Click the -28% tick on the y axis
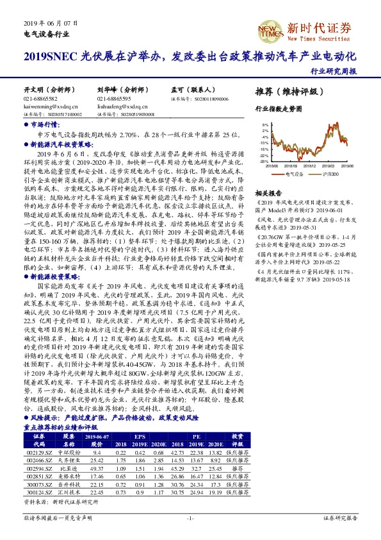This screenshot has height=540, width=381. (x=263, y=162)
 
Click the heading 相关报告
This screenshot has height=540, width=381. (x=268, y=192)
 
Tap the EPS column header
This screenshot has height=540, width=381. (x=139, y=435)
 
